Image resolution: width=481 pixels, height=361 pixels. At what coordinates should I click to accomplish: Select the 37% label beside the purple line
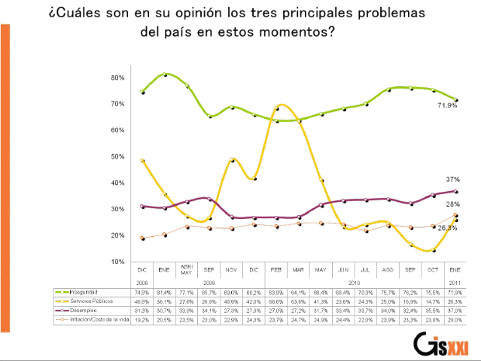point(453,180)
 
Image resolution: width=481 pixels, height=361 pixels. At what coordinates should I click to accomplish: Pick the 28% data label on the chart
point(453,204)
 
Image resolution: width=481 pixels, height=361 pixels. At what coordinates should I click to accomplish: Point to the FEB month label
point(277,268)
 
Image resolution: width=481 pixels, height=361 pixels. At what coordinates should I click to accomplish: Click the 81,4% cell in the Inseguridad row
point(164,291)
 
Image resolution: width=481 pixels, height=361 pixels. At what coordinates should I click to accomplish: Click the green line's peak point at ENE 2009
point(165,74)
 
